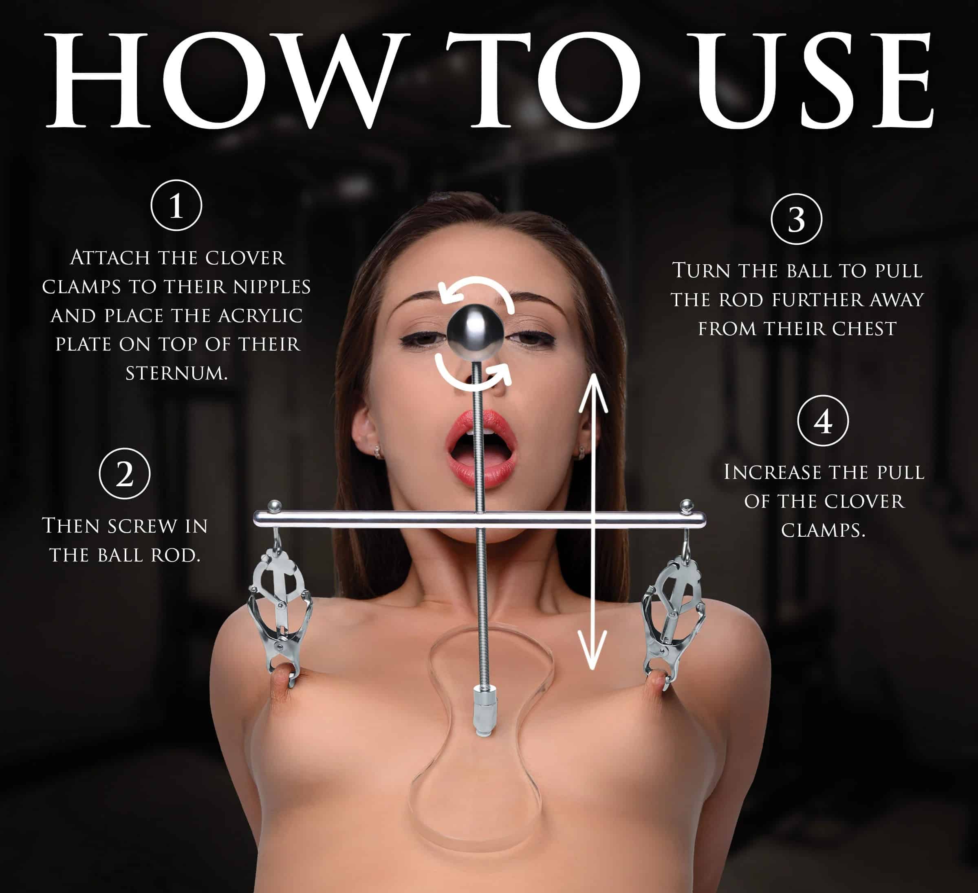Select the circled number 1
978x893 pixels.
coord(176,205)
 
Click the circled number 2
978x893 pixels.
coord(125,474)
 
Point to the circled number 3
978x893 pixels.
coord(797,219)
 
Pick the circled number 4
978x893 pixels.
coord(823,421)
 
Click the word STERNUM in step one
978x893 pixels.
coord(176,373)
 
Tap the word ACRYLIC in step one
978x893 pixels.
coord(260,316)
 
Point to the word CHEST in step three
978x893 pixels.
coord(864,329)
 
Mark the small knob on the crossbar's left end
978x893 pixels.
coord(275,506)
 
